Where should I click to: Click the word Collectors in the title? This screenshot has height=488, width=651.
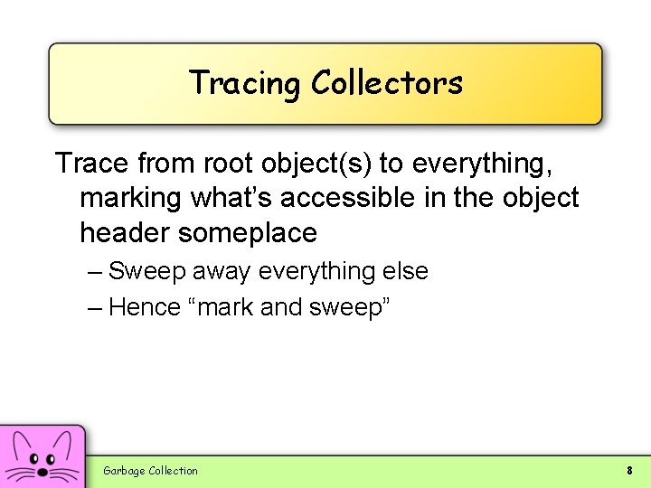(386, 83)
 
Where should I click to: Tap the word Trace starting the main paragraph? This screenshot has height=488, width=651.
(93, 164)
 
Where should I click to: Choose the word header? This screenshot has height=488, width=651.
(125, 232)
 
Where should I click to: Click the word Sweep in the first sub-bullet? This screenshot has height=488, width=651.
(144, 271)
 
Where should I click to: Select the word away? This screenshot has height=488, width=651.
(221, 271)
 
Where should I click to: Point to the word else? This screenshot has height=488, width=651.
(404, 271)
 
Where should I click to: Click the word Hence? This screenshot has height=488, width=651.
(145, 307)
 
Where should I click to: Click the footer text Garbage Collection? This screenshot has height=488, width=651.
(150, 470)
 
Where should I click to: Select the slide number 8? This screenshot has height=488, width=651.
(629, 470)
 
